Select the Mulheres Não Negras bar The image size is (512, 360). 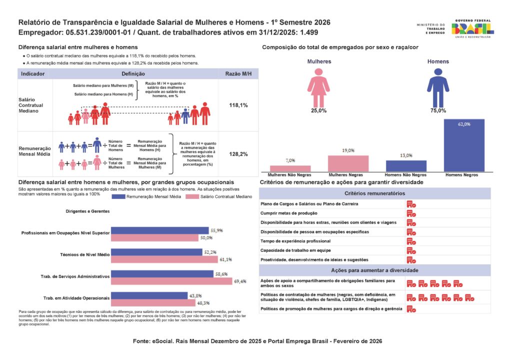pyautogui.click(x=290, y=168)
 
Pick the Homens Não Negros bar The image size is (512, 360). pyautogui.click(x=406, y=166)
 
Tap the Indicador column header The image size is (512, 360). pyautogui.click(x=33, y=73)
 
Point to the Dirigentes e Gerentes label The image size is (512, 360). pyautogui.click(x=87, y=211)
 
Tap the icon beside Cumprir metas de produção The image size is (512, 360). pyautogui.click(x=411, y=213)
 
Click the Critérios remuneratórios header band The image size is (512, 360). pyautogui.click(x=374, y=193)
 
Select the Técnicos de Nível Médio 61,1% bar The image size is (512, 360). pyautogui.click(x=164, y=259)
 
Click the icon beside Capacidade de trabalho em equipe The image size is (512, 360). pyautogui.click(x=411, y=250)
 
